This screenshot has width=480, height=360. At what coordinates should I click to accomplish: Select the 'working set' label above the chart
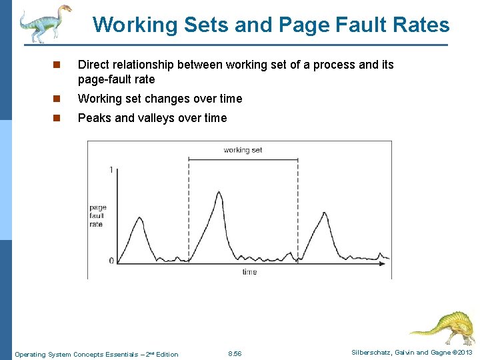point(243,150)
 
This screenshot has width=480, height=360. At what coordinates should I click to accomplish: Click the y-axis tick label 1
point(111,170)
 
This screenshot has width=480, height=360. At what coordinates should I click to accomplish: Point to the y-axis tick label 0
point(111,261)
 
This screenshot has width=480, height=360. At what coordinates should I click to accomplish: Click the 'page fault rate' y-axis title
point(98,216)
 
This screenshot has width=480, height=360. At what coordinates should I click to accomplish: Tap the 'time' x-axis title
point(249,272)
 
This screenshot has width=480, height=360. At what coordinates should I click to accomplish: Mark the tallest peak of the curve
point(220,193)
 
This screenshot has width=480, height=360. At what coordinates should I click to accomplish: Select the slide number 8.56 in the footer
point(235,354)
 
